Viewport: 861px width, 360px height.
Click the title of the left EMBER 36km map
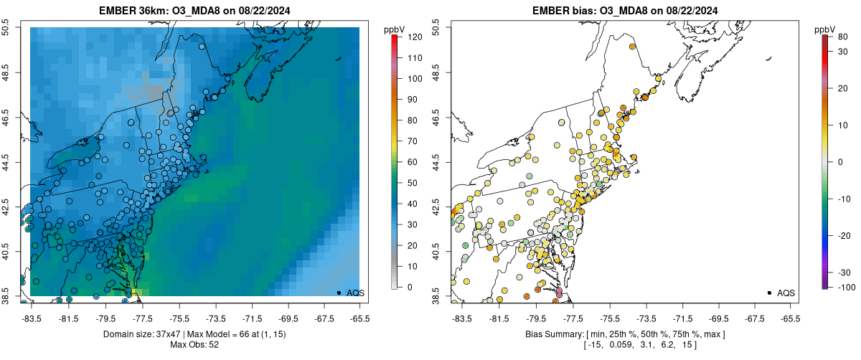pyautogui.click(x=195, y=11)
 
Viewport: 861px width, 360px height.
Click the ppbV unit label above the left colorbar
pyautogui.click(x=395, y=29)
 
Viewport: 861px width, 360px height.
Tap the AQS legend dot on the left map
pyautogui.click(x=339, y=293)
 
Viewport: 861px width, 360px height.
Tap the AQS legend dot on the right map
pyautogui.click(x=769, y=293)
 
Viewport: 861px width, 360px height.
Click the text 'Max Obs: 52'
pyautogui.click(x=194, y=345)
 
